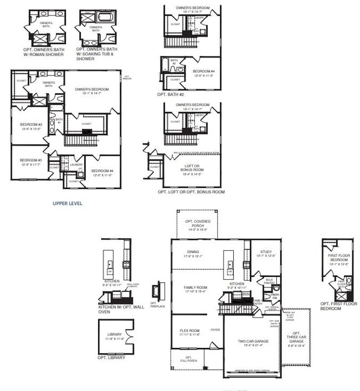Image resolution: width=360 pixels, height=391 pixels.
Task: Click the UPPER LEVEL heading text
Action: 67,203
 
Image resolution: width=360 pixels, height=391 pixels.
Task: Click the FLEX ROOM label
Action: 189,332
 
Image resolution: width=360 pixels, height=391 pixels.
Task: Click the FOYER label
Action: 215,330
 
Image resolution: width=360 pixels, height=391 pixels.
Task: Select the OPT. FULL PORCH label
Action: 188,359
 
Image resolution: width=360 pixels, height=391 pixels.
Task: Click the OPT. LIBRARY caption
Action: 111,358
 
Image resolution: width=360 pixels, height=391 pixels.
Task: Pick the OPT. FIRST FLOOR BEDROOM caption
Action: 338,306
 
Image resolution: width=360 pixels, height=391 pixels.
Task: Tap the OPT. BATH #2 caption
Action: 170,95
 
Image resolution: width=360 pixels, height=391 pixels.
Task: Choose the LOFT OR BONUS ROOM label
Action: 191,169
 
